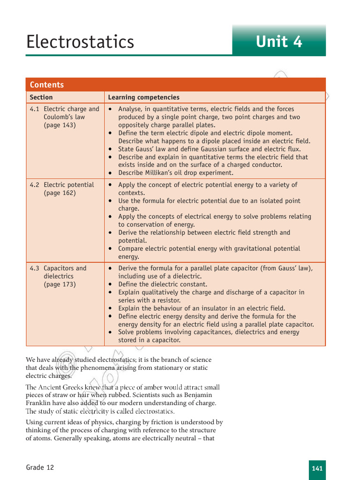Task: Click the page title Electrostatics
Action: click(80, 42)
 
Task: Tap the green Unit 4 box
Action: click(279, 42)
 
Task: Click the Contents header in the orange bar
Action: click(47, 85)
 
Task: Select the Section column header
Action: click(41, 97)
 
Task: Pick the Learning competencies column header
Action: click(143, 97)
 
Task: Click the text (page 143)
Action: click(60, 125)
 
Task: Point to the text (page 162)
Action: click(60, 193)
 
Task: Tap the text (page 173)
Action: click(60, 285)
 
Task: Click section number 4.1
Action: click(35, 109)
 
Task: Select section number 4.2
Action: click(35, 185)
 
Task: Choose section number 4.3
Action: click(35, 269)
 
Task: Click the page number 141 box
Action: click(317, 469)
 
